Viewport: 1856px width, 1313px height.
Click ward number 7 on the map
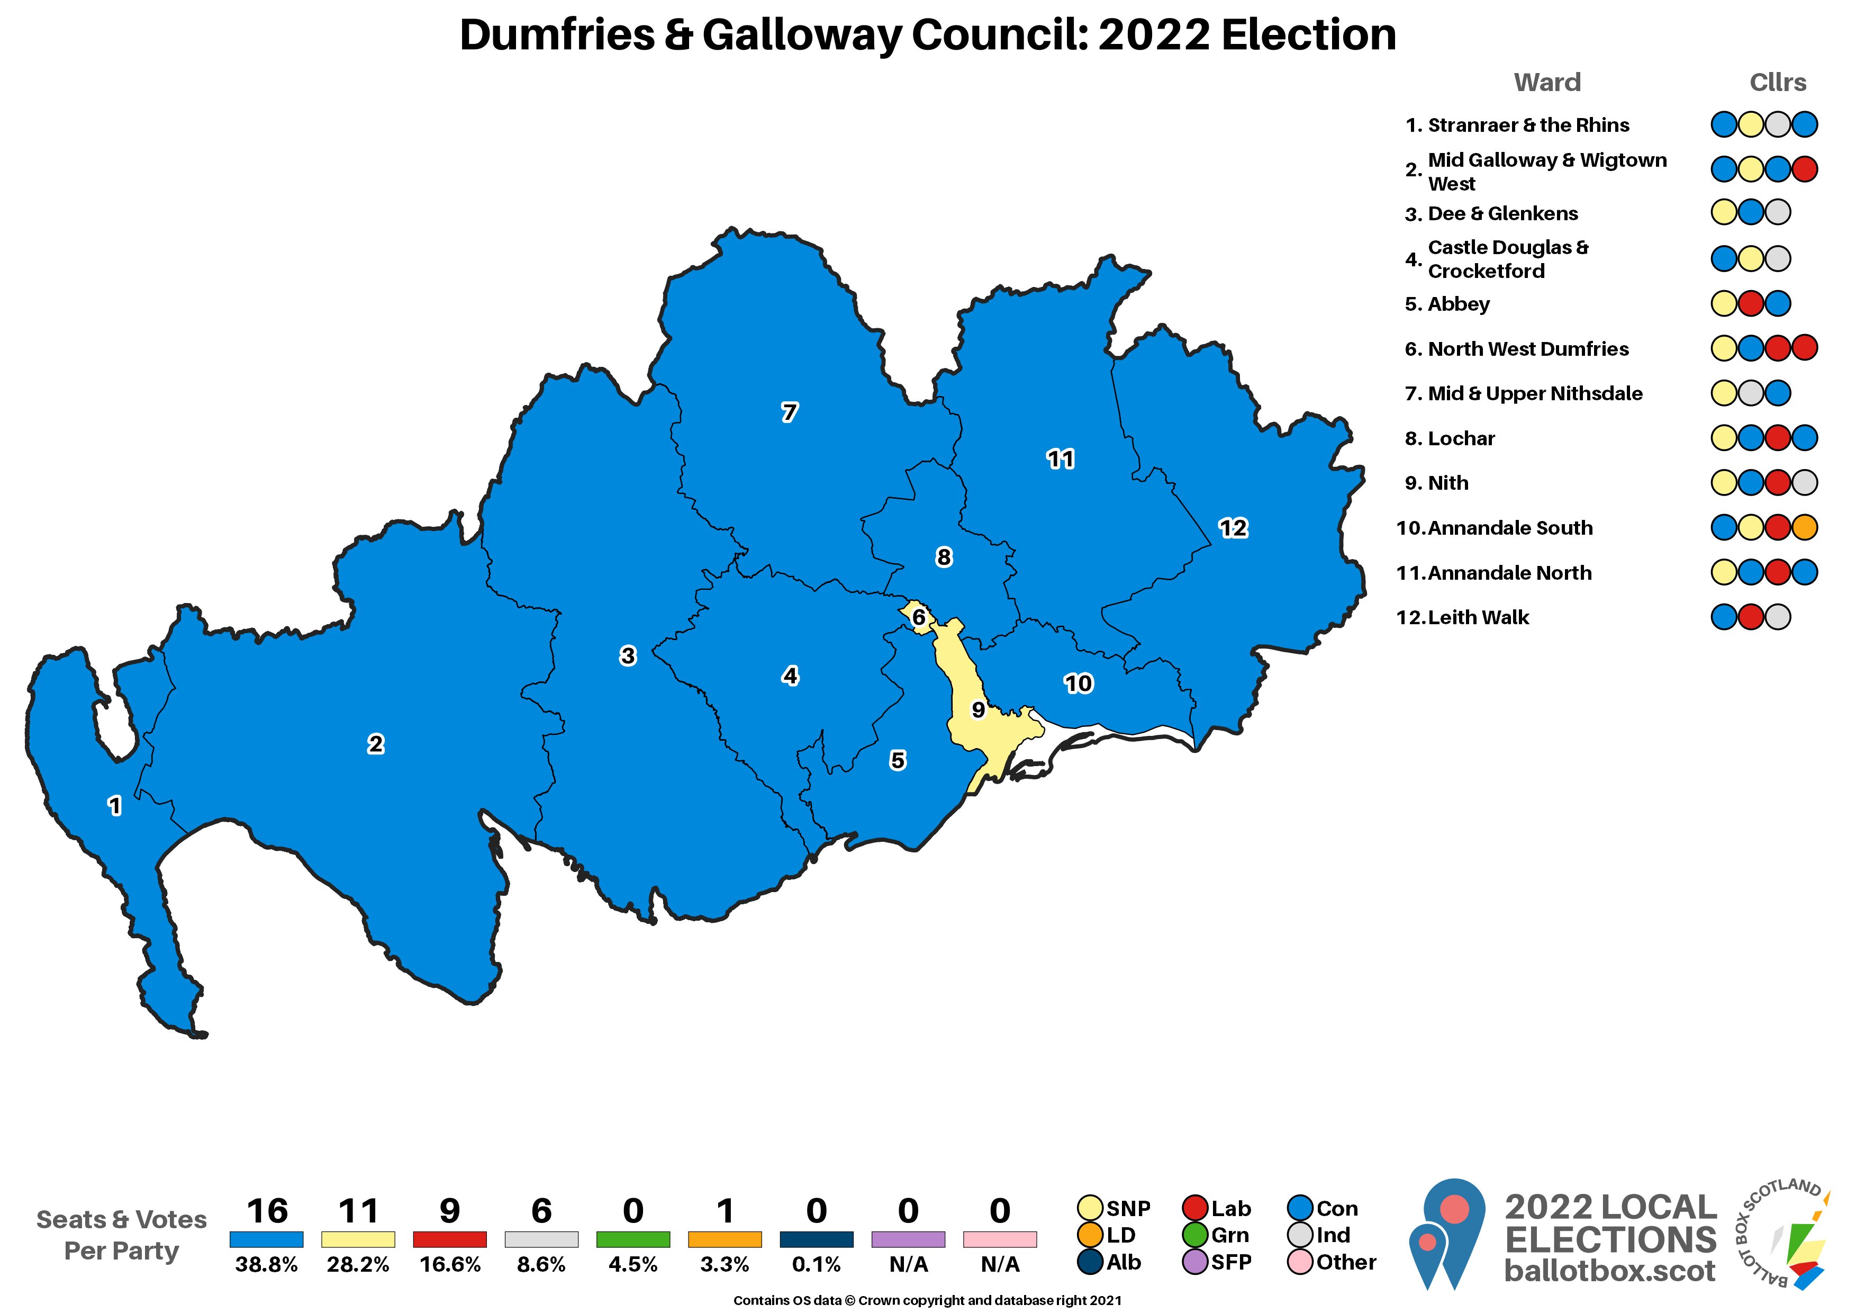point(789,412)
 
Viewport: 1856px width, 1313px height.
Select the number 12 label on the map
point(1233,528)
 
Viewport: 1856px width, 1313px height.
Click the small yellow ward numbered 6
point(918,617)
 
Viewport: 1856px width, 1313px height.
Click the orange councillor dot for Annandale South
point(1804,528)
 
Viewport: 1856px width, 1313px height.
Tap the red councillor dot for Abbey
point(1751,304)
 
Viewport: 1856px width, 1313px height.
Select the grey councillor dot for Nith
point(1804,483)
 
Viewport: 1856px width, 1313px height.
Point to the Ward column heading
point(1546,83)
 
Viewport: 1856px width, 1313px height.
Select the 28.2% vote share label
point(358,1264)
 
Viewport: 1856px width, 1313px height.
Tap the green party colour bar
point(633,1239)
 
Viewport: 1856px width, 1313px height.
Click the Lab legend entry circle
point(1195,1208)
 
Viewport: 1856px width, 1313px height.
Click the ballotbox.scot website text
point(1609,1270)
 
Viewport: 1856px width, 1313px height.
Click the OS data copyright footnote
point(927,1300)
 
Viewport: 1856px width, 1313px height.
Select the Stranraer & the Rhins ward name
point(1528,125)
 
